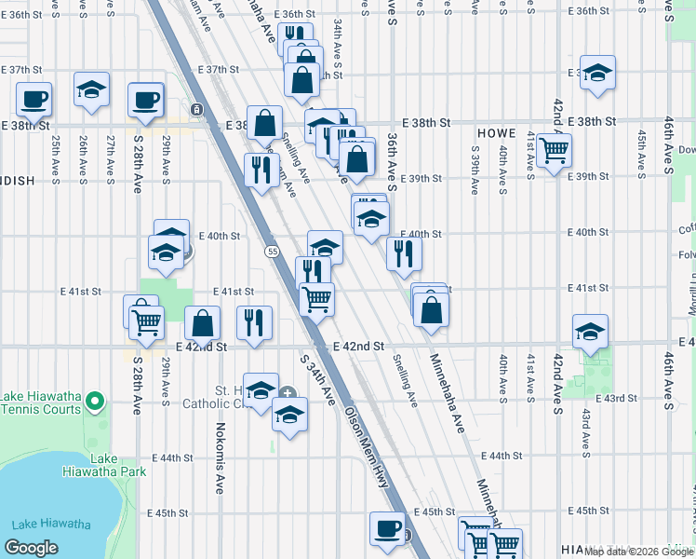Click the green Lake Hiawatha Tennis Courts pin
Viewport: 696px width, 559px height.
pos(93,402)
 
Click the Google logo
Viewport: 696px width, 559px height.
pos(31,548)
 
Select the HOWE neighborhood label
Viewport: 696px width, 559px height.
pos(496,133)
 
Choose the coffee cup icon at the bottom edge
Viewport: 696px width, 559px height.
pos(387,527)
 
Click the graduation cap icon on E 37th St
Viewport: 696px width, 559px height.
pos(91,89)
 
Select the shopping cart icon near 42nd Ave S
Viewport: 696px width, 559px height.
pos(554,149)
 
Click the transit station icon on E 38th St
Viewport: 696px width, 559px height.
pos(196,110)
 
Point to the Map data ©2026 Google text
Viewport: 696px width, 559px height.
pos(638,551)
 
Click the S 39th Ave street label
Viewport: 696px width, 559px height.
pos(475,169)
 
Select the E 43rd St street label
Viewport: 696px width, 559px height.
pos(618,398)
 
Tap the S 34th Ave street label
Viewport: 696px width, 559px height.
pos(317,377)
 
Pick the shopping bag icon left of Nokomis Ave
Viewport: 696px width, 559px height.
pos(203,324)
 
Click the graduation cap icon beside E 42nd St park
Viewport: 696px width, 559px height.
pos(590,332)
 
